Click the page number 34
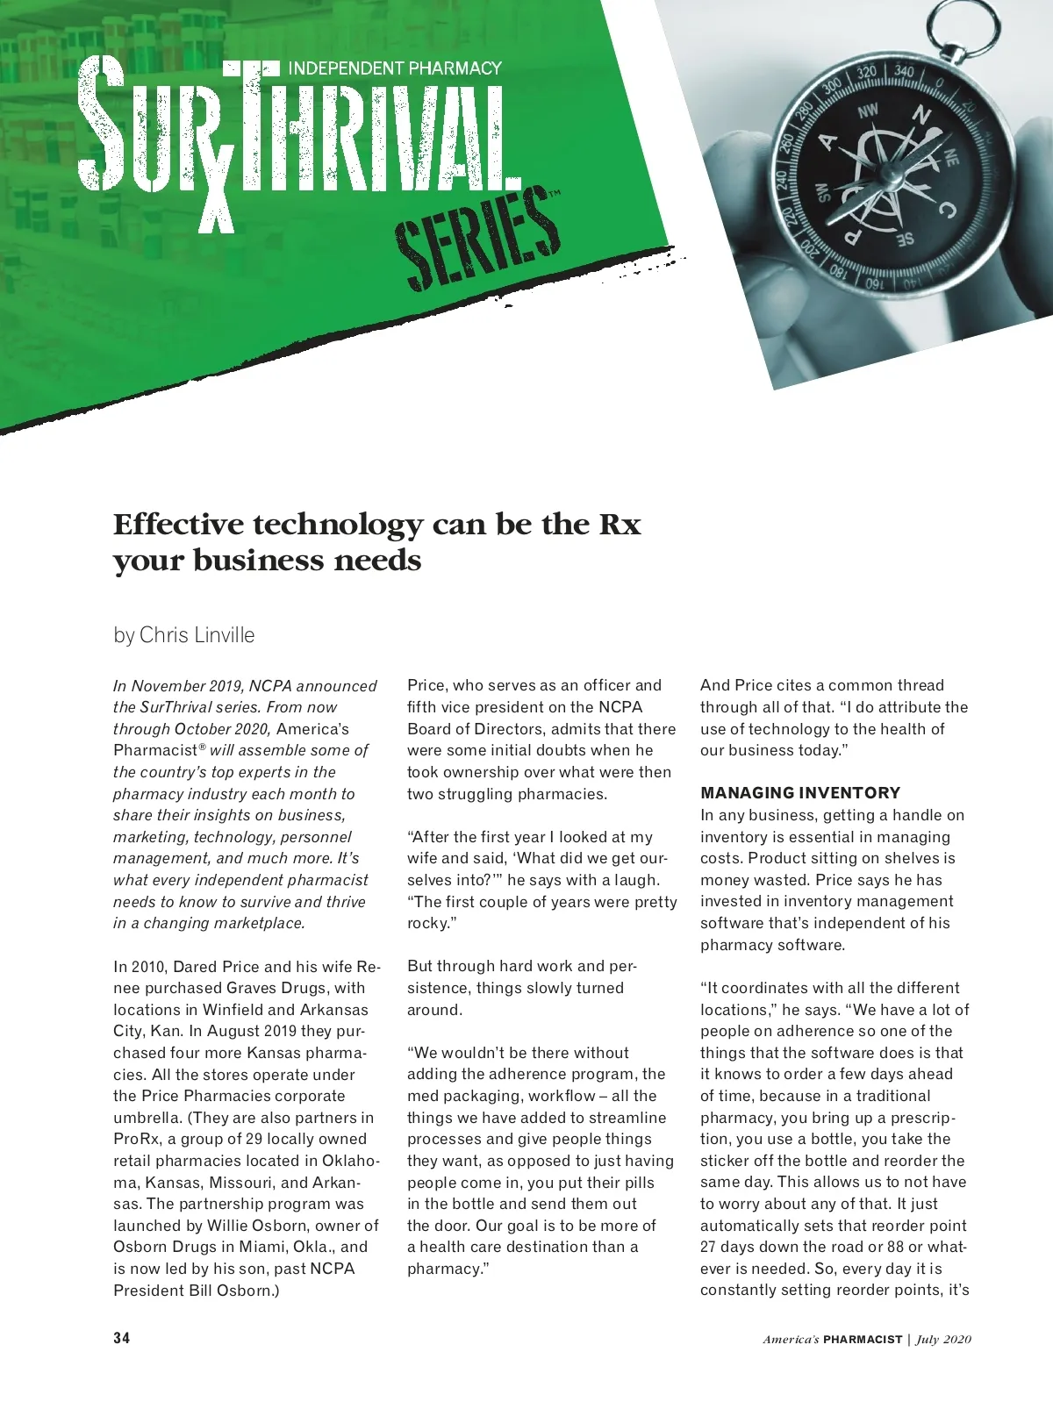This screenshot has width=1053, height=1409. (x=122, y=1339)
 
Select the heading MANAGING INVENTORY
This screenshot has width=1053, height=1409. (x=800, y=793)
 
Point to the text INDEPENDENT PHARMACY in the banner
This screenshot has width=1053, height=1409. (x=395, y=68)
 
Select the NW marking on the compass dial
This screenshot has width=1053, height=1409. (x=867, y=111)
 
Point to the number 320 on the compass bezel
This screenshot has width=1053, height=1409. (x=866, y=73)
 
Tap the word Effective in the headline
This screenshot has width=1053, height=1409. (x=178, y=525)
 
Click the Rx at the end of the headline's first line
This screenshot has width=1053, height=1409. (x=620, y=525)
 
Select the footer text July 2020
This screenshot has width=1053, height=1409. (x=944, y=1340)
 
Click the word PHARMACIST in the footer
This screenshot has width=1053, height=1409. (x=863, y=1340)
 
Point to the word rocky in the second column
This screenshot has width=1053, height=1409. (x=427, y=923)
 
